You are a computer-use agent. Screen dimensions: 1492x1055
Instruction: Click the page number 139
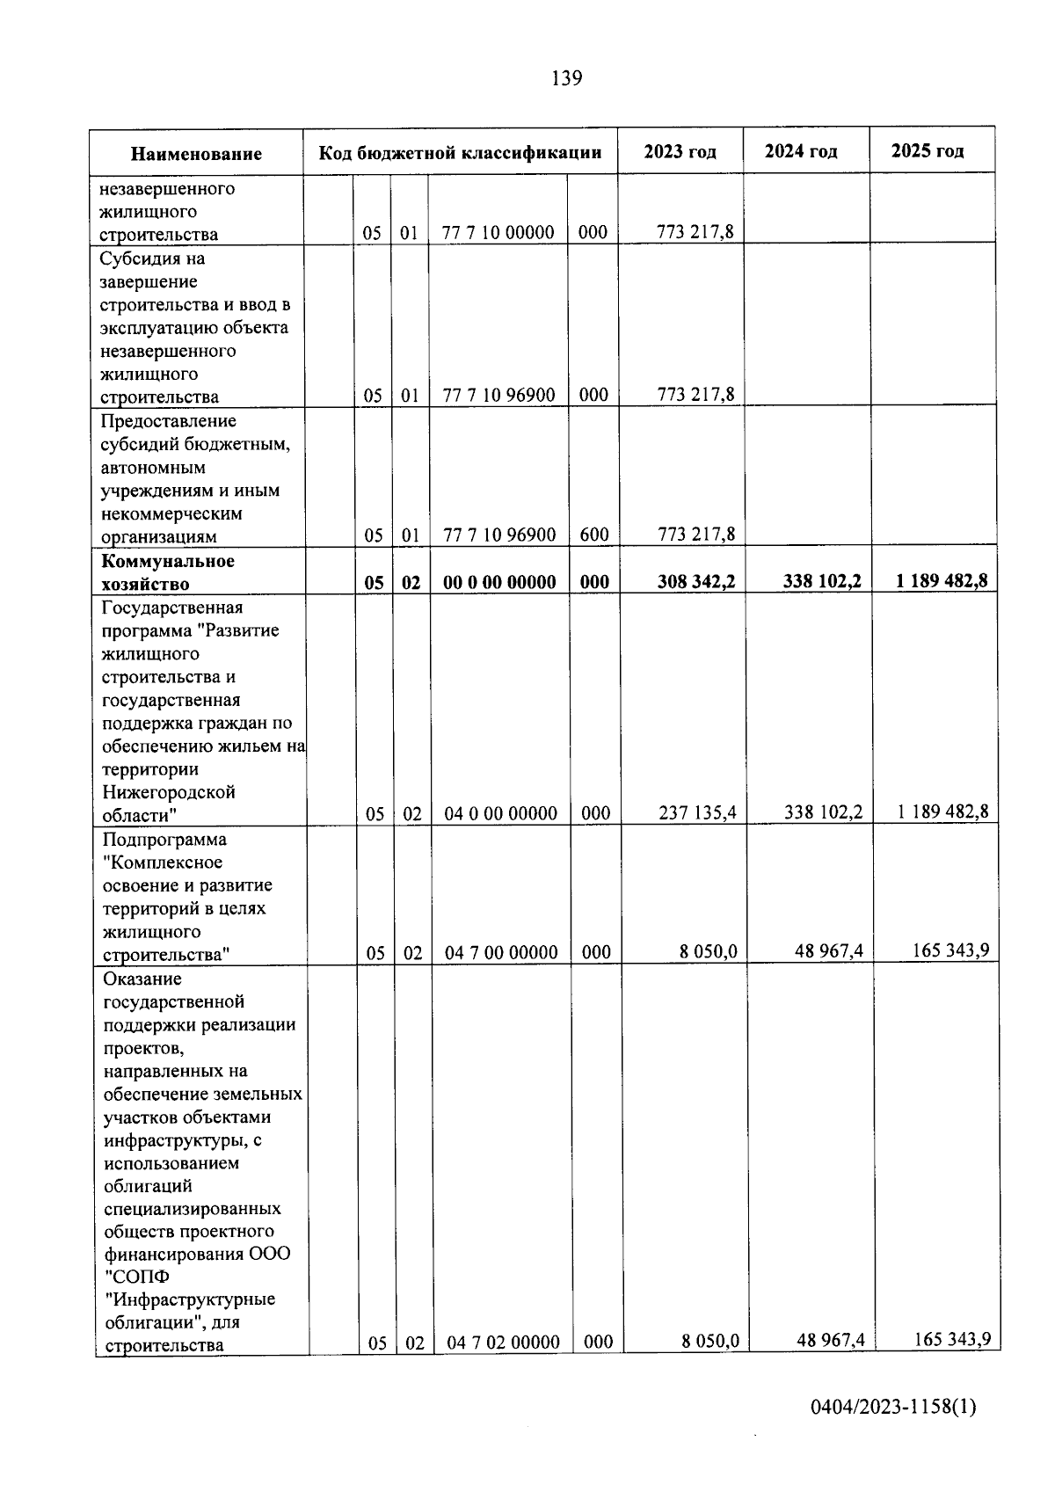click(566, 79)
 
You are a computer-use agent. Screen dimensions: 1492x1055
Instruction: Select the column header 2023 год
click(680, 151)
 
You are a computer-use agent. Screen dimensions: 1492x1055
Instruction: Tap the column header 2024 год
click(800, 151)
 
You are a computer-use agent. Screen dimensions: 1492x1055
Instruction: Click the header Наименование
click(196, 154)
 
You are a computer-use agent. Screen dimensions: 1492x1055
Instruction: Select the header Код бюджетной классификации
click(460, 152)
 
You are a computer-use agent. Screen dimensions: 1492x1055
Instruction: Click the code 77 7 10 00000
click(498, 233)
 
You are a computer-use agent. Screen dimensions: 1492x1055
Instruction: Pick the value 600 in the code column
click(594, 535)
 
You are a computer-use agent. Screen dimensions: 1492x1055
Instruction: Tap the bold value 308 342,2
click(696, 581)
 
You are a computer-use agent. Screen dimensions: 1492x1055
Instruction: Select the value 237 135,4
click(697, 813)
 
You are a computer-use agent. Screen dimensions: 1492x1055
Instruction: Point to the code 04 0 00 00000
click(500, 814)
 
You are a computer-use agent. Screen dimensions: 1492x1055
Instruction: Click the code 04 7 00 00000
click(501, 953)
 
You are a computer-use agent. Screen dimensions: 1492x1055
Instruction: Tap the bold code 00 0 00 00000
click(498, 582)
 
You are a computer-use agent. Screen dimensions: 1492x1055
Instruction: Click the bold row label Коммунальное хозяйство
click(168, 572)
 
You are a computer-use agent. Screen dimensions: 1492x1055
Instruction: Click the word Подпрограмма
click(164, 840)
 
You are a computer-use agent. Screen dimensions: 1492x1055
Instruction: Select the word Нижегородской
click(169, 792)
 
